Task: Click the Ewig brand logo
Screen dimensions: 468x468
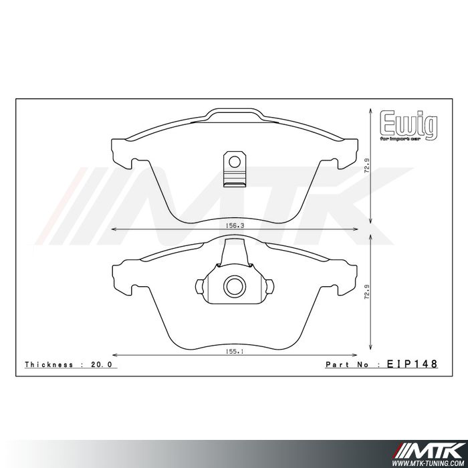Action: [409, 123]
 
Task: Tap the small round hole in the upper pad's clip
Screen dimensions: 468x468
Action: [233, 161]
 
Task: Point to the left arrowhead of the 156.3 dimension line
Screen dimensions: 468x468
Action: [113, 229]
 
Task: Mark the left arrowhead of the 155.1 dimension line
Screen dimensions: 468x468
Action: [114, 354]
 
